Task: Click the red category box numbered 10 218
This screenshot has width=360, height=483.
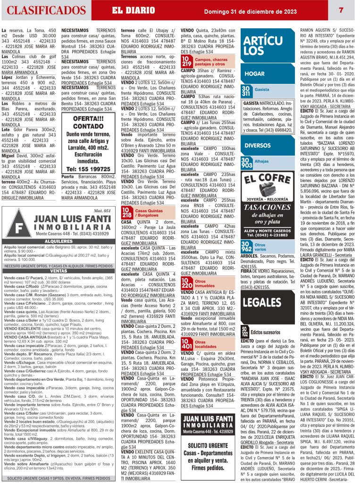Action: click(x=127, y=212)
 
